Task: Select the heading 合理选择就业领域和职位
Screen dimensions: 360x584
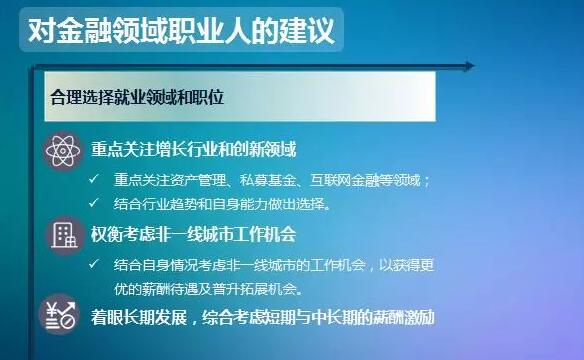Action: coord(135,98)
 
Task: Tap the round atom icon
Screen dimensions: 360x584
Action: coord(61,151)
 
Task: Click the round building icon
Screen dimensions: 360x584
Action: coord(61,236)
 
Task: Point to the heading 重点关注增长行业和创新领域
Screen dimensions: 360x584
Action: coord(194,151)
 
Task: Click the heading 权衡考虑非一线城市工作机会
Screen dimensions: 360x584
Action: coord(194,236)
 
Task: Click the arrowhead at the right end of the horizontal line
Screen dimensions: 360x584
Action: coord(467,68)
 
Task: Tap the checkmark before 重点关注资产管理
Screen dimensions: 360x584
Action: coord(94,180)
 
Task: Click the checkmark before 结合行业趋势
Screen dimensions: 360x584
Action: coord(94,203)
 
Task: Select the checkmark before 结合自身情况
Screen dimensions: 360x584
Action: coord(94,264)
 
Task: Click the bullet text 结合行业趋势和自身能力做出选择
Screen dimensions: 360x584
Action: coord(221,203)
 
